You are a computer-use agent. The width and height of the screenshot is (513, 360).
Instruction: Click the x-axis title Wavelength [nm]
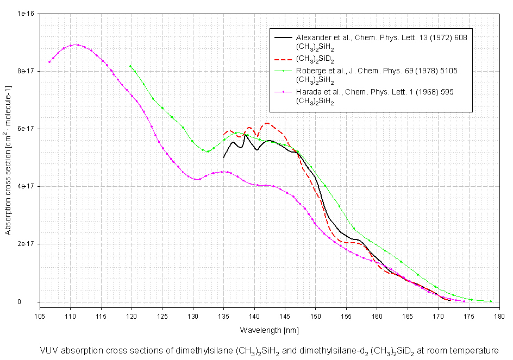(x=269, y=330)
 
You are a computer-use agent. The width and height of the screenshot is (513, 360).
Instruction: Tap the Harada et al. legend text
(x=375, y=92)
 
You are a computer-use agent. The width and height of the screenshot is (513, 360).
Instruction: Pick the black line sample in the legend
(x=283, y=37)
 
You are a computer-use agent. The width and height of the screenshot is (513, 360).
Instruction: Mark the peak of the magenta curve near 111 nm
(x=76, y=45)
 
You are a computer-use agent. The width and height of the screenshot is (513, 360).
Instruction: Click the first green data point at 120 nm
(x=130, y=66)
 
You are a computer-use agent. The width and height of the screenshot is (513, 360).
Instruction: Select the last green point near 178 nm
(x=491, y=301)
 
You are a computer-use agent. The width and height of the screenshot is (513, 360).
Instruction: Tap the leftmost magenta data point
(x=49, y=62)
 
